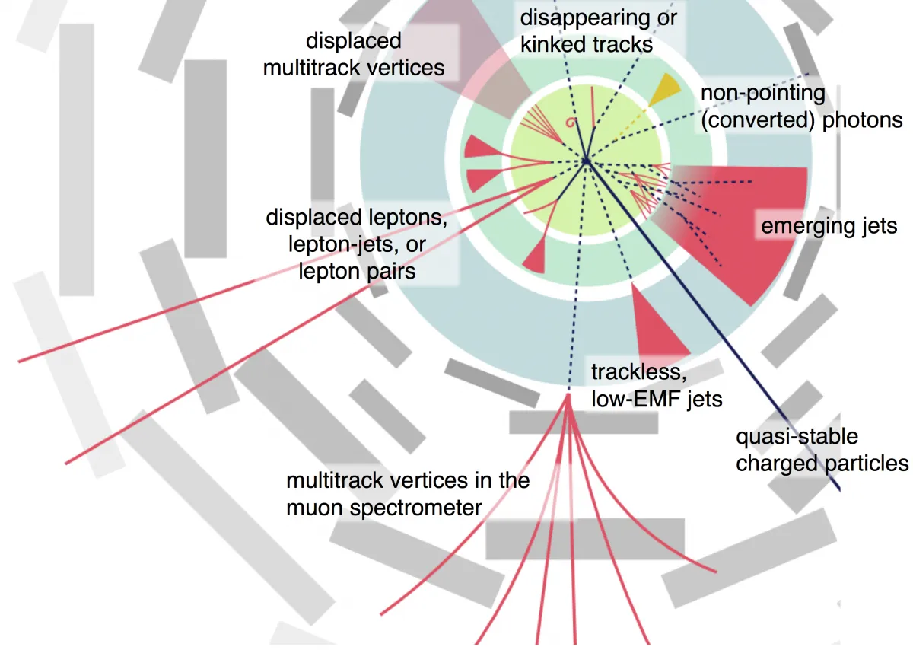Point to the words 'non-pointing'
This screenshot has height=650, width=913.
coord(762,94)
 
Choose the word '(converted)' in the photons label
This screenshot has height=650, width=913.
coord(758,120)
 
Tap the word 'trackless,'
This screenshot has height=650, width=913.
coord(638,373)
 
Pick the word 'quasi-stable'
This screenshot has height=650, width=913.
coord(797,437)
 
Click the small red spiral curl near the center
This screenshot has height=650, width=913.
coord(571,122)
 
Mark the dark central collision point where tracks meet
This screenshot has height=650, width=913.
coord(586,161)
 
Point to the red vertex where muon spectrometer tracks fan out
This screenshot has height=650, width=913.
coord(568,397)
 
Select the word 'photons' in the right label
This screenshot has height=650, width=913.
coord(863,120)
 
